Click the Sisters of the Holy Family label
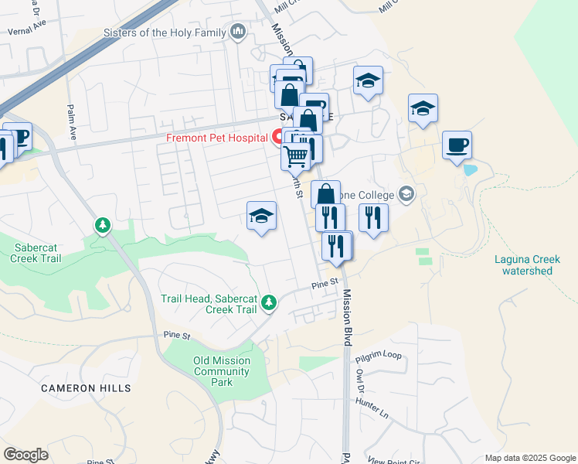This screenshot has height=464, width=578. point(165,32)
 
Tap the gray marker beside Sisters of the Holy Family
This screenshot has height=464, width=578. point(238,32)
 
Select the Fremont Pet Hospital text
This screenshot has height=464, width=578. point(216,138)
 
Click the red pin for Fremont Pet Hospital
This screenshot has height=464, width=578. point(277,137)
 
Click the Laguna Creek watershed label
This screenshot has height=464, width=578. point(527,265)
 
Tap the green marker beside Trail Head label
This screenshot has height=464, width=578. point(269,302)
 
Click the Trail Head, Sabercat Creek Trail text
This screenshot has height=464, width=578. point(209,304)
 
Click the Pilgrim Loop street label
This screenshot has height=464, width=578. point(379,356)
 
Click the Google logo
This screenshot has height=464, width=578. point(25,455)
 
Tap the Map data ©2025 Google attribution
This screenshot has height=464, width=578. point(530,458)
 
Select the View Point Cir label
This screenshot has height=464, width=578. point(396,459)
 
